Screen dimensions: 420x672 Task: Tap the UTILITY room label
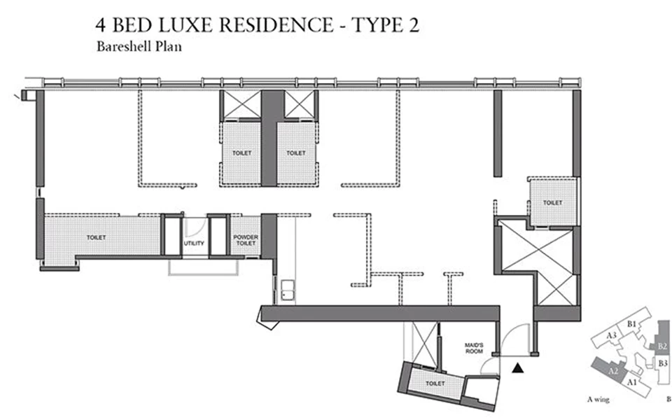click(194, 243)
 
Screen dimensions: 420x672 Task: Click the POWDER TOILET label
click(246, 240)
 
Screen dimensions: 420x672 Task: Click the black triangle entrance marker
click(518, 367)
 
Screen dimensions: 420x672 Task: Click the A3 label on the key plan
click(611, 335)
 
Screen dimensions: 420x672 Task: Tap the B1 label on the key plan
click(631, 324)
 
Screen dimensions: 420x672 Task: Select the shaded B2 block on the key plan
click(661, 346)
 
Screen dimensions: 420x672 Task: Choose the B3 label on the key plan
click(663, 363)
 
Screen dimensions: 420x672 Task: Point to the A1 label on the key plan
click(631, 382)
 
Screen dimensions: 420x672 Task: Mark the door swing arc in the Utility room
click(197, 227)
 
